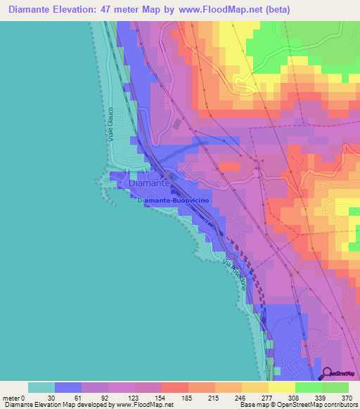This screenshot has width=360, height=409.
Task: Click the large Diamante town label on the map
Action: [x=149, y=183]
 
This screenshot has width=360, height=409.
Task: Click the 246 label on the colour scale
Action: [x=241, y=397]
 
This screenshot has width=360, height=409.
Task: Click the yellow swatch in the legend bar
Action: [x=281, y=387]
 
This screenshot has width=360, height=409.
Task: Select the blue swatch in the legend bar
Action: [x=68, y=387]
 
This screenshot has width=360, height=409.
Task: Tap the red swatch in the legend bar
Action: [x=175, y=387]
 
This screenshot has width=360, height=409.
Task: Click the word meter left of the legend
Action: [x=12, y=397]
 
